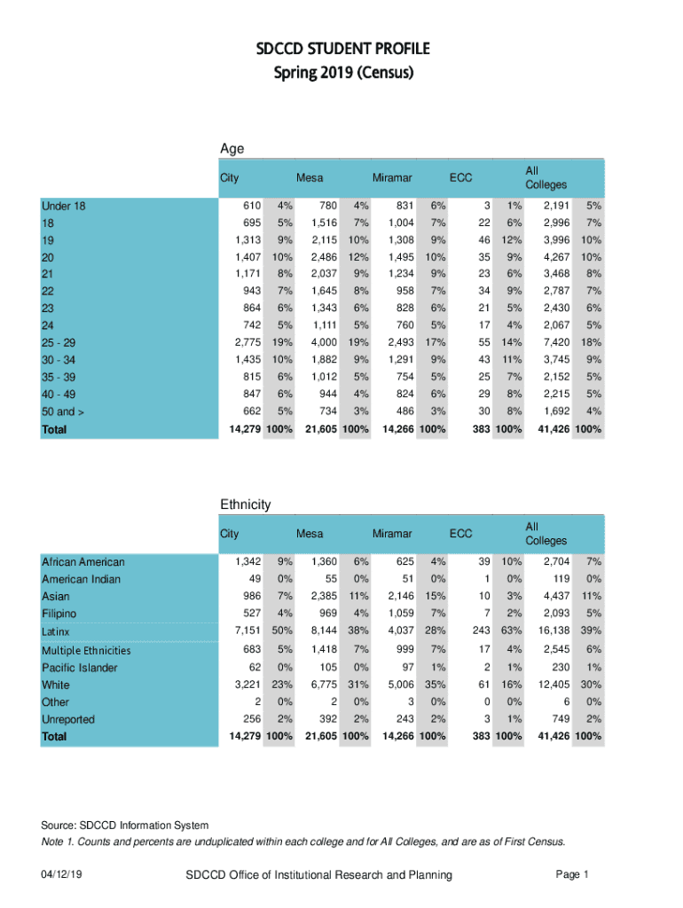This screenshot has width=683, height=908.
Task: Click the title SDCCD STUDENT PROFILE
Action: click(x=341, y=48)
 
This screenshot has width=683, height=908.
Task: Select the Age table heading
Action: click(x=232, y=149)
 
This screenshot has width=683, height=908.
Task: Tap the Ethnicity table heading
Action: click(x=245, y=505)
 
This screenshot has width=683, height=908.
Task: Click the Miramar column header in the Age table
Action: click(x=391, y=177)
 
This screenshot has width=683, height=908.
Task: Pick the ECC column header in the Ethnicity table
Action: click(x=460, y=534)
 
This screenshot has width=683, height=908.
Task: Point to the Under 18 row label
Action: click(x=64, y=207)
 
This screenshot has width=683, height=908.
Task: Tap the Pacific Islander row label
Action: click(x=79, y=668)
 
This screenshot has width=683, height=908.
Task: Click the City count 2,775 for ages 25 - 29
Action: click(x=247, y=342)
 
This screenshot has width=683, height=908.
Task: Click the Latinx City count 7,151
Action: click(x=247, y=630)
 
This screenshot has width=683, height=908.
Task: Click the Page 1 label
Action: click(x=572, y=875)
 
